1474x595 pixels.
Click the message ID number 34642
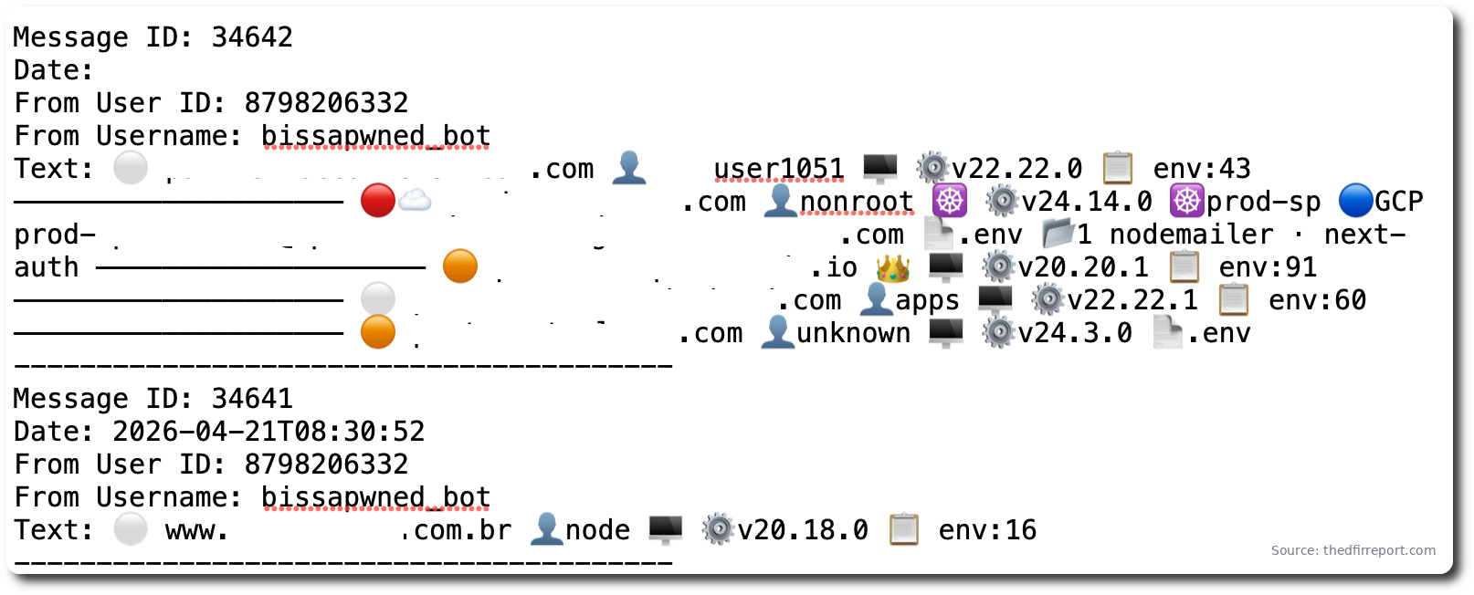click(252, 37)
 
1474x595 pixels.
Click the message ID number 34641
click(252, 399)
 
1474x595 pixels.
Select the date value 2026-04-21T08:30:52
click(268, 432)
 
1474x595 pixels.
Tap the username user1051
click(778, 169)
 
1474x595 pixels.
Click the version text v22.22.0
click(1016, 169)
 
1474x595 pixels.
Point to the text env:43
click(1201, 169)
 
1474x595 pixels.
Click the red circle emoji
click(378, 201)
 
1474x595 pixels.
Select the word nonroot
click(856, 202)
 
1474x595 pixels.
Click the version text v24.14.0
click(1086, 202)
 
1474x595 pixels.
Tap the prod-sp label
click(1263, 202)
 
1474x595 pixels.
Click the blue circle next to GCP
click(1355, 201)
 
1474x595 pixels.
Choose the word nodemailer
click(1191, 235)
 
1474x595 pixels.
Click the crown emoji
click(892, 267)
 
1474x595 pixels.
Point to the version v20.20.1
click(1082, 267)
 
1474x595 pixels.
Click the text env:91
click(1268, 267)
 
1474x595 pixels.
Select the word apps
click(927, 300)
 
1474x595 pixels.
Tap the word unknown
click(853, 333)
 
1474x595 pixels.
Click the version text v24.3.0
click(1074, 333)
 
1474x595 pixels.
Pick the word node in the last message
click(597, 530)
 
